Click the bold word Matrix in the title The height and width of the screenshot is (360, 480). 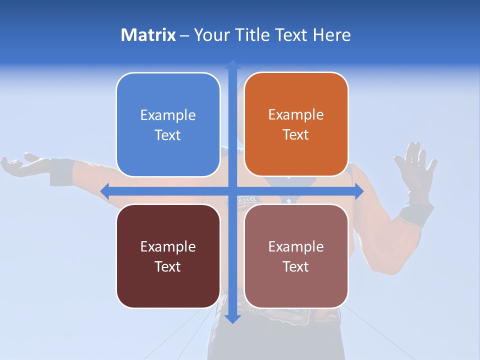click(x=148, y=35)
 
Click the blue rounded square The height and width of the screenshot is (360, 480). click(x=168, y=125)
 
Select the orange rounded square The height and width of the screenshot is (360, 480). click(x=296, y=124)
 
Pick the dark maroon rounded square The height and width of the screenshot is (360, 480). click(x=168, y=256)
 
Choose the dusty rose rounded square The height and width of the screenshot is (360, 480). click(x=296, y=256)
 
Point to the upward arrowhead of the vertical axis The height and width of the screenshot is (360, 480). click(x=232, y=65)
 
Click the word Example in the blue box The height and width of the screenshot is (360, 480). click(x=168, y=115)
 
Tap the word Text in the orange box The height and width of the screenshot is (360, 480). click(x=296, y=135)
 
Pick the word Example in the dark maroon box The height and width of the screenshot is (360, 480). click(x=168, y=246)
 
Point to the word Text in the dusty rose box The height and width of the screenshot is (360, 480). click(x=296, y=266)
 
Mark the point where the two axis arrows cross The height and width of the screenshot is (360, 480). click(x=232, y=190)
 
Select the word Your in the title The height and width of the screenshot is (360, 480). click(x=207, y=35)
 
